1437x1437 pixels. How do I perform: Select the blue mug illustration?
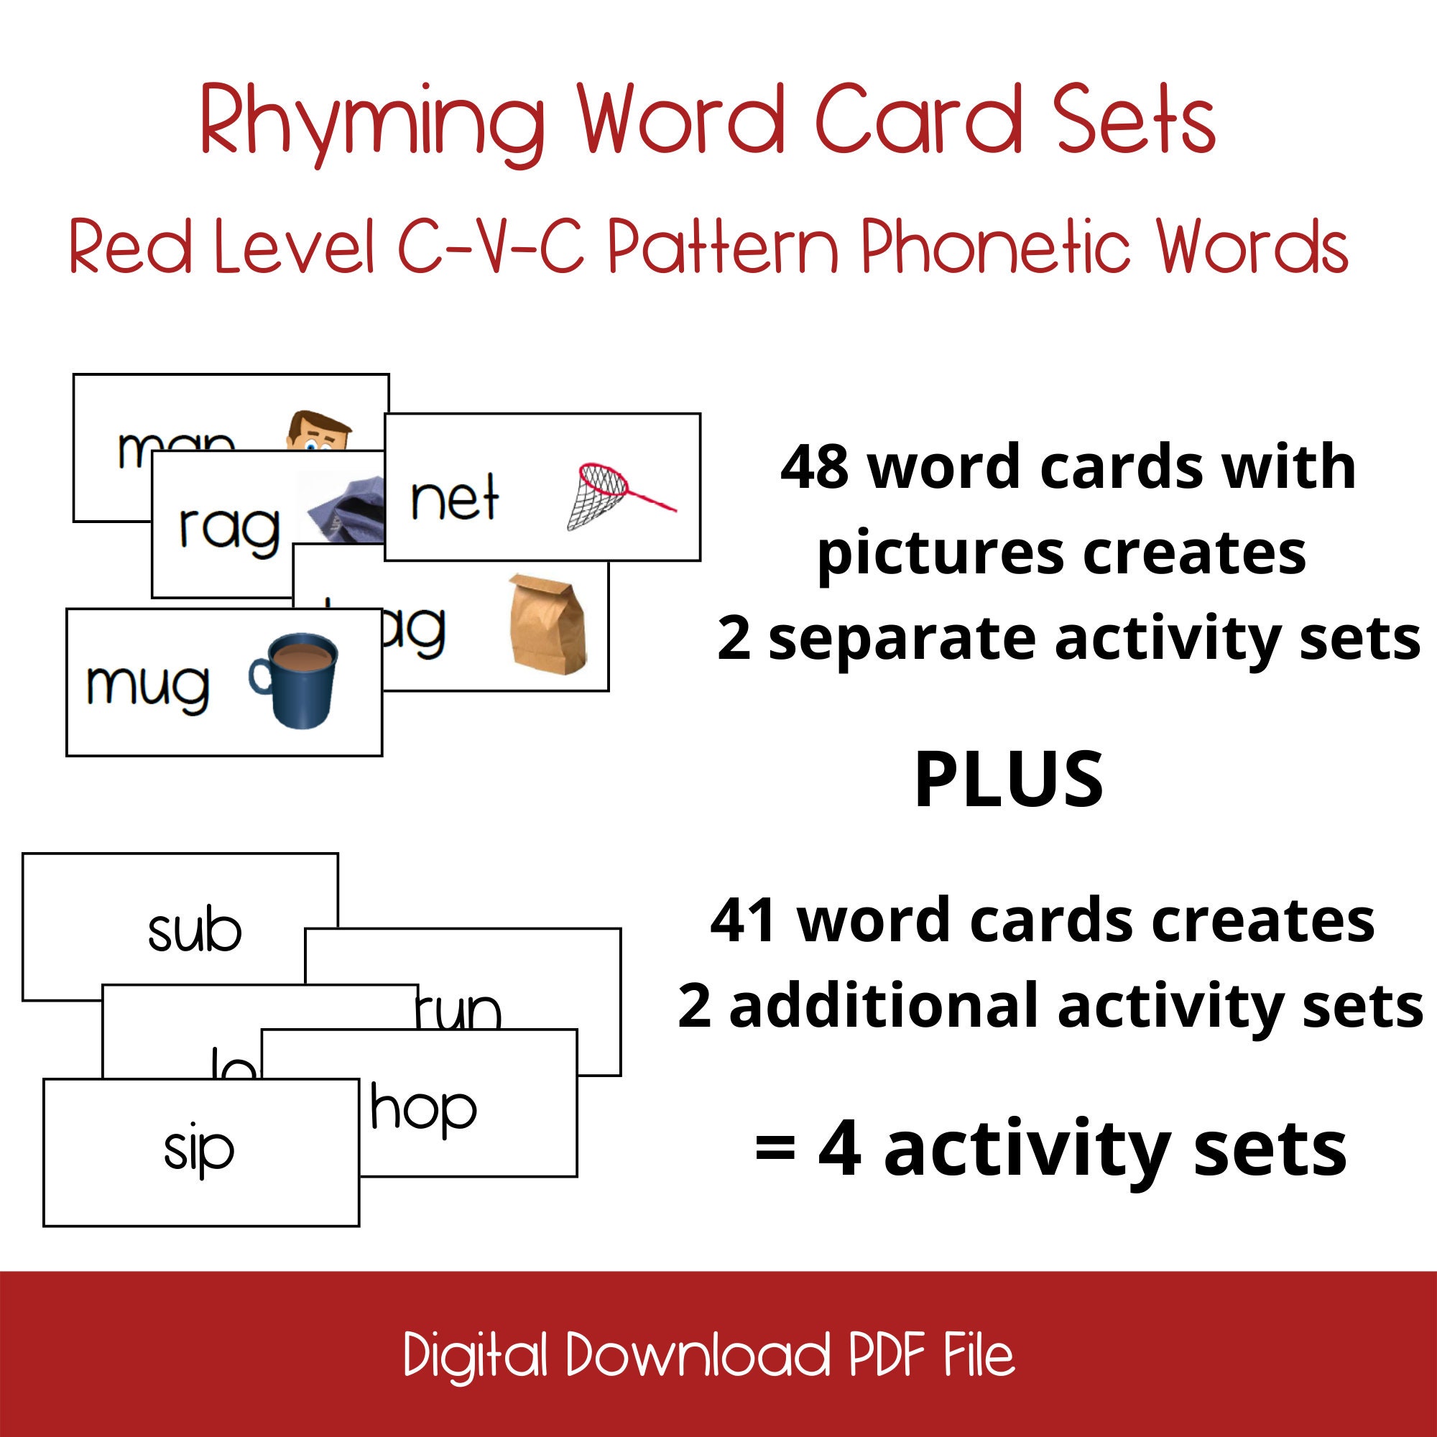tap(295, 678)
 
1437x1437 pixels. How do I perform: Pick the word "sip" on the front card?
tap(198, 1150)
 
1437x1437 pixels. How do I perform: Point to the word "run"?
tap(459, 1011)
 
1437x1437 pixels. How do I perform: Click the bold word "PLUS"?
tap(1008, 780)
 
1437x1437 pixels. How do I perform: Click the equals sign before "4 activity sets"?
tap(775, 1149)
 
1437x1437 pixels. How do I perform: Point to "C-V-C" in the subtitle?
tap(491, 248)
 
